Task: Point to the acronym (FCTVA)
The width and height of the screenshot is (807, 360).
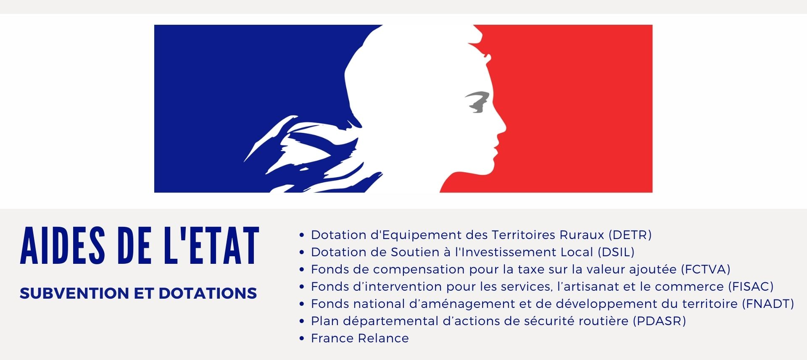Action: [705, 269]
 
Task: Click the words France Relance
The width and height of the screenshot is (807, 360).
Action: [360, 338]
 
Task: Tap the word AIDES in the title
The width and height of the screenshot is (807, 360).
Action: [63, 246]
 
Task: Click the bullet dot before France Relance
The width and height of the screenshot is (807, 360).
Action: [301, 339]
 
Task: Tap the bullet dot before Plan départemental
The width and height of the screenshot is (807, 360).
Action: [301, 321]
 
